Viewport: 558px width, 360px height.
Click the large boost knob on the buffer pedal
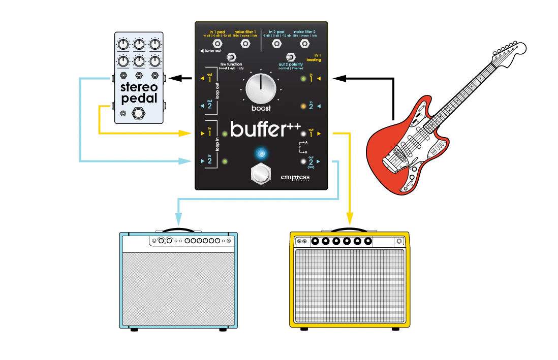tap(261, 88)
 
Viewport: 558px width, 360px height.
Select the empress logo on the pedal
tap(295, 178)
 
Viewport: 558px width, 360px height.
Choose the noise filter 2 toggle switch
tap(305, 44)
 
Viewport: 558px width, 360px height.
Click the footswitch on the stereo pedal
tap(138, 113)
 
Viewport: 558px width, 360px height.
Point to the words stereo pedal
tap(139, 92)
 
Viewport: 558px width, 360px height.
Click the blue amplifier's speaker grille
tap(178, 286)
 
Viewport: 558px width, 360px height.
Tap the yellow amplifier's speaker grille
tap(350, 286)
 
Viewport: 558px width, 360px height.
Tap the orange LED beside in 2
tap(303, 106)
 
